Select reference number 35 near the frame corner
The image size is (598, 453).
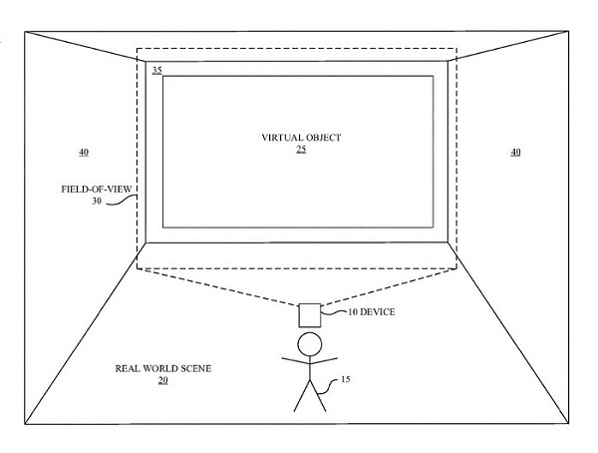click(157, 70)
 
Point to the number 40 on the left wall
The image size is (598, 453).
click(83, 152)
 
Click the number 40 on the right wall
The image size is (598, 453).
click(514, 152)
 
